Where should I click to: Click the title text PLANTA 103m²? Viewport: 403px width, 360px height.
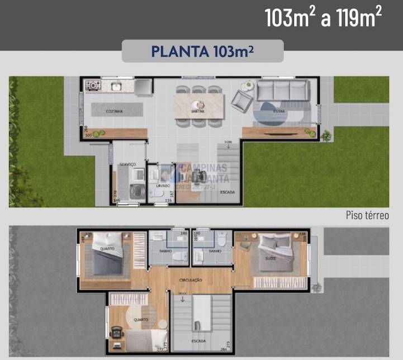[x=202, y=51]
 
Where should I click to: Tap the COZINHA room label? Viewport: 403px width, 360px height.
[x=114, y=112]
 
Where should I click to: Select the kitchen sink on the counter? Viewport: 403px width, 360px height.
[x=117, y=86]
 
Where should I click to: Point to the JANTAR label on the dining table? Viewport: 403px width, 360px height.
[x=198, y=112]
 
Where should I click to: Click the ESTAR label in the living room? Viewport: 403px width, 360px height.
[x=278, y=112]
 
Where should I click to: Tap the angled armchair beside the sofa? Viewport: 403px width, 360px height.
[x=242, y=101]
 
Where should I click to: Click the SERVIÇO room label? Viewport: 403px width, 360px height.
[x=129, y=164]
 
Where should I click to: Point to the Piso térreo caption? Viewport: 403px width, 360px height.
[x=367, y=215]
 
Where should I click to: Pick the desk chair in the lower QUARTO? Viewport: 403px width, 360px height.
[x=118, y=331]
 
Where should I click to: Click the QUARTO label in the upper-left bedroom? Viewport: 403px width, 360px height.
[x=107, y=249]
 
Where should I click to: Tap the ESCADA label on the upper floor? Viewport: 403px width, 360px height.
[x=198, y=340]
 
